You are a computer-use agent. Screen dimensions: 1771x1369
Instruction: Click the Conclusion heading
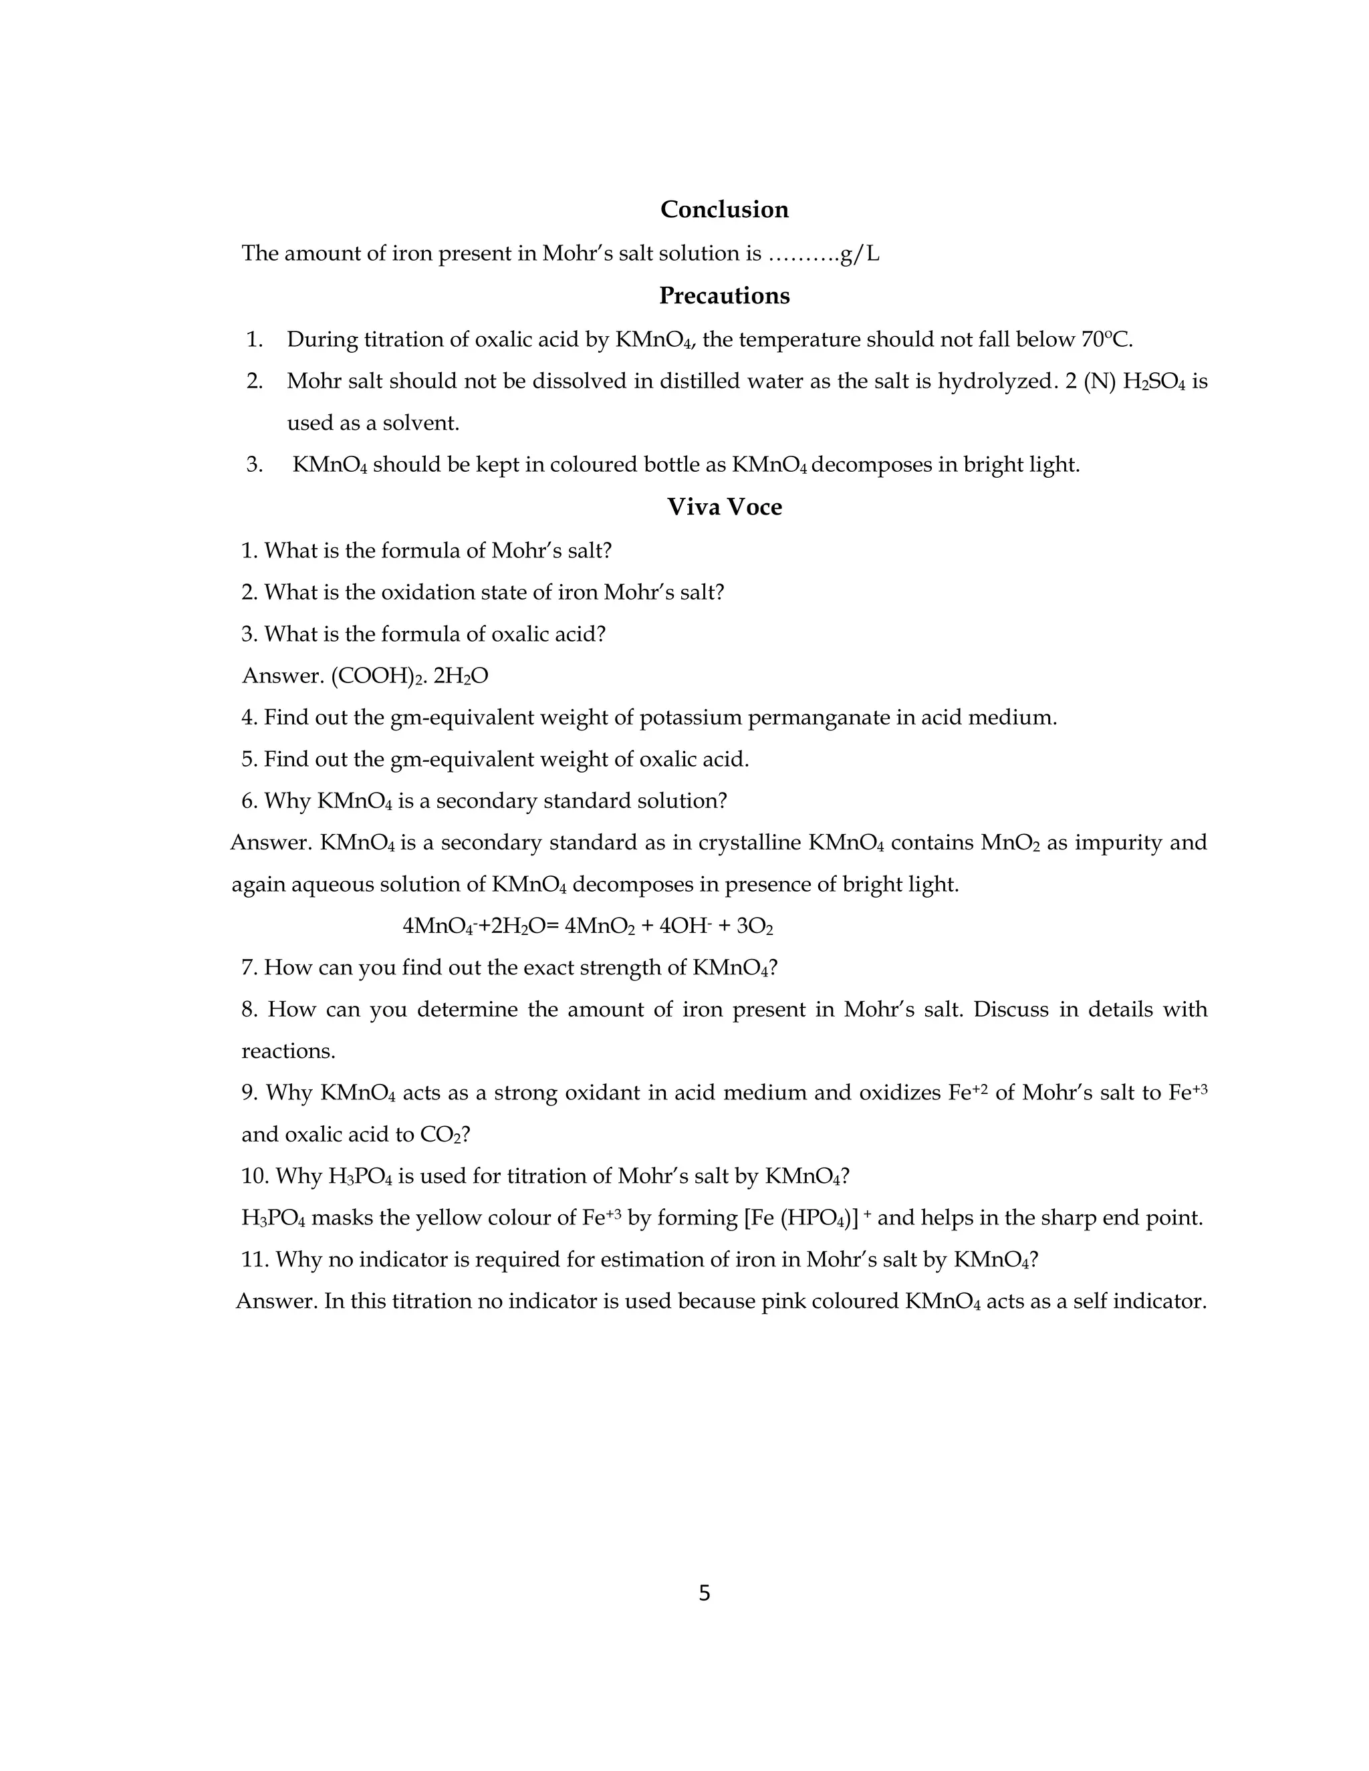pos(723,209)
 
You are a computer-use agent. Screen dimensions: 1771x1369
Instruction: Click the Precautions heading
pos(723,295)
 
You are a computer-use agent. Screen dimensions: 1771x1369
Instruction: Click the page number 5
pos(704,1593)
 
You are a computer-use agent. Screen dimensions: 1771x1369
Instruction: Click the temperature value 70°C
pos(1106,339)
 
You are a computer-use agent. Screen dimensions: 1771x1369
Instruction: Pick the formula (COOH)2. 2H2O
pos(410,676)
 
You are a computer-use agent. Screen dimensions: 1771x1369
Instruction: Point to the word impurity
pos(1115,843)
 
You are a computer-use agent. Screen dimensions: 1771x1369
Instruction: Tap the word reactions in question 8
pos(288,1051)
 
